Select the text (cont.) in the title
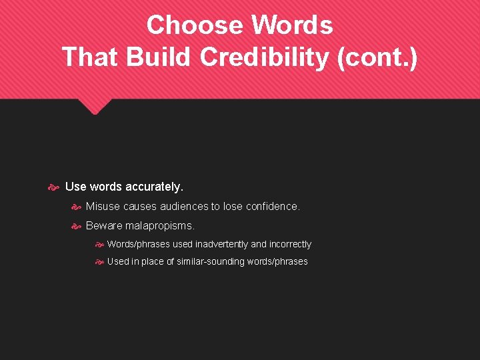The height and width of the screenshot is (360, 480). (x=377, y=57)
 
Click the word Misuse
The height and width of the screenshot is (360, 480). (x=103, y=207)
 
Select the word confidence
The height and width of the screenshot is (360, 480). (x=273, y=207)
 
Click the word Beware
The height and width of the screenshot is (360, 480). (x=103, y=226)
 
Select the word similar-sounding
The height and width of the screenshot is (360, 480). (x=210, y=261)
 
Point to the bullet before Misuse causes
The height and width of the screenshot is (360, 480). (x=76, y=207)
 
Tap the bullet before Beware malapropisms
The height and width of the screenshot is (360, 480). (x=76, y=226)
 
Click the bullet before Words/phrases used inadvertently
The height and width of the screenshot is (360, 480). (x=99, y=245)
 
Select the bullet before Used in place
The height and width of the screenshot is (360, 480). (x=99, y=262)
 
